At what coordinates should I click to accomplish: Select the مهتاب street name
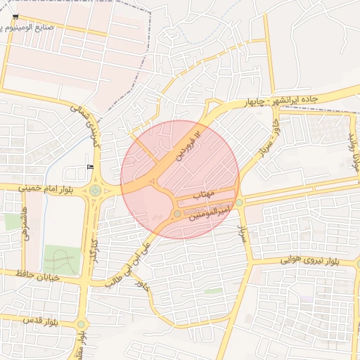[x=202, y=192]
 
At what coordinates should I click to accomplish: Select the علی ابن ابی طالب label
[x=129, y=264]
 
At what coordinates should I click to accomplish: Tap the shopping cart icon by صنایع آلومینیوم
[x=16, y=17]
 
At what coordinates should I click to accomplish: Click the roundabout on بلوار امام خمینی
[x=95, y=190]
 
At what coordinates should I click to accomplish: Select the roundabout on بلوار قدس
[x=81, y=324]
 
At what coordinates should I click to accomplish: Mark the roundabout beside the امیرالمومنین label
[x=176, y=214]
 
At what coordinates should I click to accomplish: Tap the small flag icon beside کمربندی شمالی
[x=89, y=166]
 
